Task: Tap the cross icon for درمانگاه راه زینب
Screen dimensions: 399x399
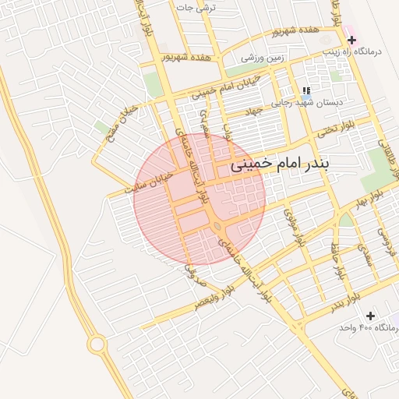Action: (352, 40)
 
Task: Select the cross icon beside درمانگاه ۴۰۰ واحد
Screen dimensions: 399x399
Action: (370, 316)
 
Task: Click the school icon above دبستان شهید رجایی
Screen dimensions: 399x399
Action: (306, 90)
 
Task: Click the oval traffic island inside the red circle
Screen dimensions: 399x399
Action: (216, 227)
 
